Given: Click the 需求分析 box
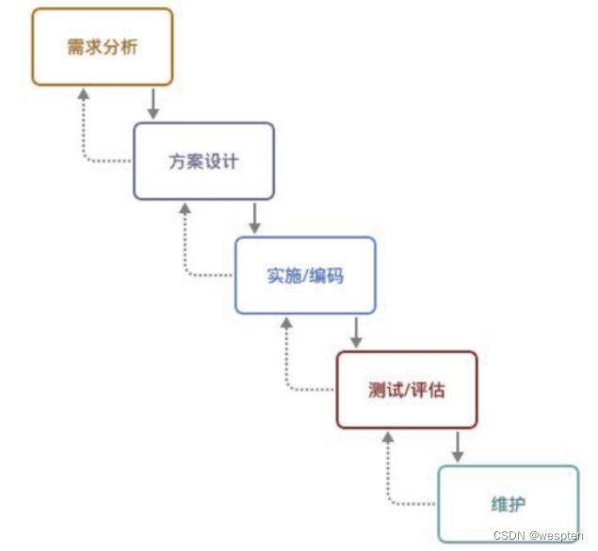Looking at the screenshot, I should pyautogui.click(x=103, y=47).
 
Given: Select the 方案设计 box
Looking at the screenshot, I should pyautogui.click(x=203, y=161).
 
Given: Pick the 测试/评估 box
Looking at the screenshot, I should pyautogui.click(x=406, y=390).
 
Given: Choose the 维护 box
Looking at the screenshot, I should pyautogui.click(x=508, y=503).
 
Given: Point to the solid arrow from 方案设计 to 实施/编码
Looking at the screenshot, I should pyautogui.click(x=254, y=219).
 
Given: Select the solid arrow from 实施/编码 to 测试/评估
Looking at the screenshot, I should pyautogui.click(x=356, y=332).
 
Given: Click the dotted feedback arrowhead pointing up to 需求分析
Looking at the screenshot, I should pyautogui.click(x=84, y=95).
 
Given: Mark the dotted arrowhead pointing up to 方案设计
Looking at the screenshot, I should pyautogui.click(x=185, y=209).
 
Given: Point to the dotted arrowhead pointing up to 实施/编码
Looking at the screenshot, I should pyautogui.click(x=286, y=323).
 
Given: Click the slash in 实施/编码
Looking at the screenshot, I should pyautogui.click(x=305, y=276).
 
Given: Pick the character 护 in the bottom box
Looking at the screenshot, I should pyautogui.click(x=518, y=504).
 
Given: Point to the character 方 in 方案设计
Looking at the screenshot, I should pyautogui.click(x=177, y=161).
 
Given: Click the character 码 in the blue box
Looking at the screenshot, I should pyautogui.click(x=338, y=276).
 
